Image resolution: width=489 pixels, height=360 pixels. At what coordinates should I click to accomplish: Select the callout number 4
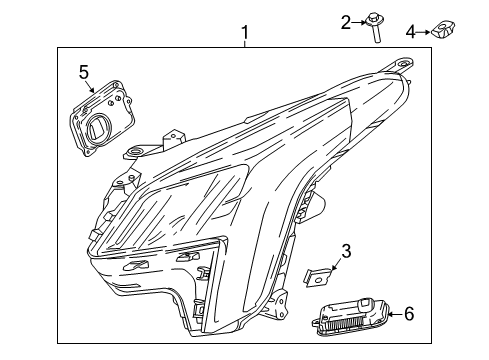coord(410,31)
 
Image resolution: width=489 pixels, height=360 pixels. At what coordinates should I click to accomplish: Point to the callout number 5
coord(84,72)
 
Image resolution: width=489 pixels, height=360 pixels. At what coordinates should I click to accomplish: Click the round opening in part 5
coord(100,130)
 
